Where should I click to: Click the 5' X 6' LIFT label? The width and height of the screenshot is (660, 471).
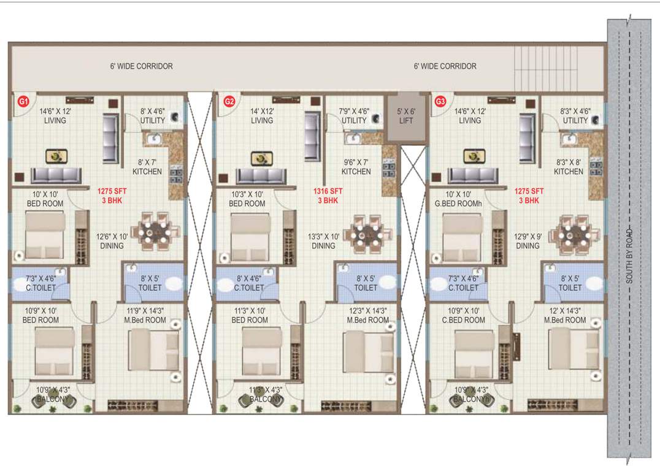pos(406,116)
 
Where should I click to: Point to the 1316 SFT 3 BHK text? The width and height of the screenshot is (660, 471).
pos(328,196)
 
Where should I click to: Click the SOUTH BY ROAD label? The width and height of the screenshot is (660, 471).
pos(629,256)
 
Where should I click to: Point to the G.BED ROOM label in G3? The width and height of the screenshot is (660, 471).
pos(463,199)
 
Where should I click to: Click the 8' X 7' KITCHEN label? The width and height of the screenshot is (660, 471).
pos(147,167)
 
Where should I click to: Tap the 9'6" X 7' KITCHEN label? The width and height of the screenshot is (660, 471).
pos(356,167)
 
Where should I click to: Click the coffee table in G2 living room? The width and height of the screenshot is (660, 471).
pos(261,158)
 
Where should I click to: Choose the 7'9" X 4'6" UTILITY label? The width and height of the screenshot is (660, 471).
pos(355,116)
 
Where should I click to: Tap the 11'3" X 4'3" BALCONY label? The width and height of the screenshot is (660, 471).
pos(266,394)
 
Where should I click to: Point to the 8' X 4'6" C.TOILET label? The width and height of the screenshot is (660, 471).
pos(249,283)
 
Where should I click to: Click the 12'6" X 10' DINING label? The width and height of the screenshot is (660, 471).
pos(112,241)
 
